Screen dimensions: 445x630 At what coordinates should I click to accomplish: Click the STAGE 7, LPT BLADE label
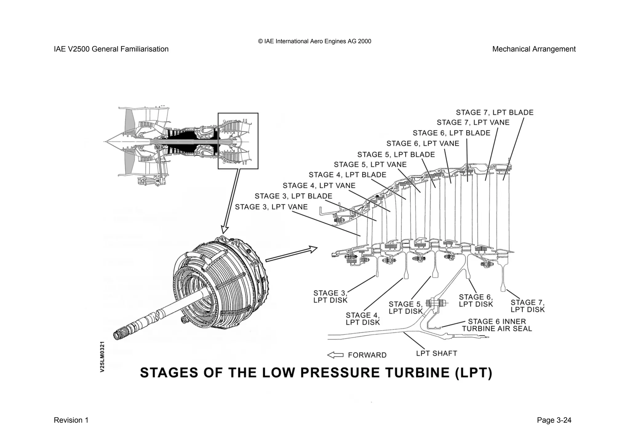494,113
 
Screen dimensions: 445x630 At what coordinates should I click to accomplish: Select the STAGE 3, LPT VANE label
271,207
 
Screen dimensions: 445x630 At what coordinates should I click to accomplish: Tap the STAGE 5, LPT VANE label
370,165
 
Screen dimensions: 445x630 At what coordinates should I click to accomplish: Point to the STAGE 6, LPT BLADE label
451,133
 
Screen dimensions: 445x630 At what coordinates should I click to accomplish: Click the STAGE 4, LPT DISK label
363,319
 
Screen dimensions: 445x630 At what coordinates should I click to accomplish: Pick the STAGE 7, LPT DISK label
527,306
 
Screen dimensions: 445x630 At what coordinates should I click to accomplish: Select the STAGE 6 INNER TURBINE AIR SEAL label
496,325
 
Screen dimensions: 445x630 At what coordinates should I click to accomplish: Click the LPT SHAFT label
436,354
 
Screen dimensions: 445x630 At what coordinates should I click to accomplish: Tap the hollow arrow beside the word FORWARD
335,355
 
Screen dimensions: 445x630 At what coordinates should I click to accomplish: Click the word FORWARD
367,355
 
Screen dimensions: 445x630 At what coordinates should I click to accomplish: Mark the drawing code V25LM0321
103,357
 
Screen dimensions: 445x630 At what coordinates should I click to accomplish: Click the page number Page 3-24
554,420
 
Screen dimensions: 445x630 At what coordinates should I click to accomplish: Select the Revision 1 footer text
71,420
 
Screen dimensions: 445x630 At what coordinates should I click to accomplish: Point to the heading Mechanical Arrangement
534,49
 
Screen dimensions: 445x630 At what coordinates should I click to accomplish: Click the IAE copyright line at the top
314,42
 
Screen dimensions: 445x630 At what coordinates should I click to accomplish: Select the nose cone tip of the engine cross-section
105,142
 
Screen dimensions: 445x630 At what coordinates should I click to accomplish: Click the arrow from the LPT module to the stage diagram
291,254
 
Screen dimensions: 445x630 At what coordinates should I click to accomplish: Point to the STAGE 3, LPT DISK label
330,297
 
